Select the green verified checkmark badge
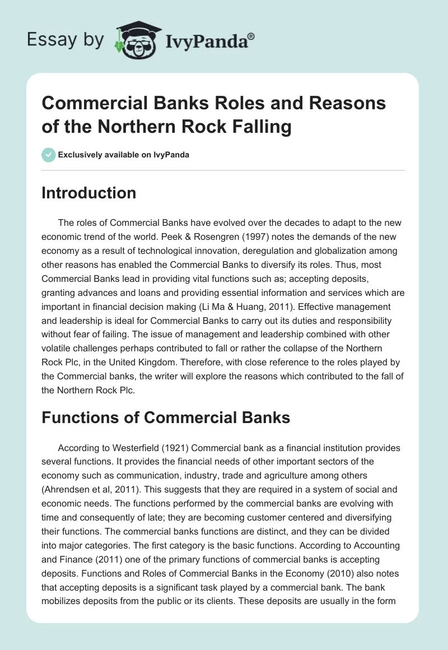(x=48, y=155)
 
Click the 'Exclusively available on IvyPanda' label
(x=123, y=155)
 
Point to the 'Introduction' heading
(x=89, y=193)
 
